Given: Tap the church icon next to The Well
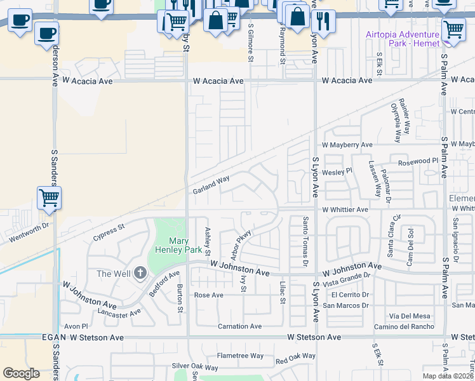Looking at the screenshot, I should pos(140,273).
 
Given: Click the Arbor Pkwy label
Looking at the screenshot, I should pos(241,244).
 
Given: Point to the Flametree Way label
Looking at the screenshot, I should pos(239,356).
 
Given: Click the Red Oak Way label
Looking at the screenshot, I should pos(295,358).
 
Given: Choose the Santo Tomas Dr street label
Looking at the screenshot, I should pos(305,241).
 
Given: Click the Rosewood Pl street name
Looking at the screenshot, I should pos(418,162).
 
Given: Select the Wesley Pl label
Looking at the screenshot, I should pos(337,171).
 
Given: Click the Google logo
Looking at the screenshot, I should pos(21,373).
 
